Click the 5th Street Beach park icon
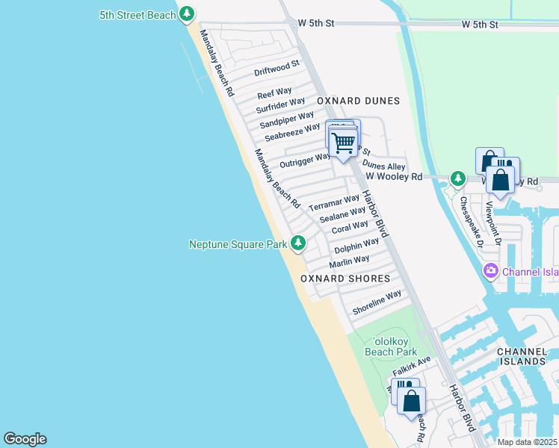(x=186, y=14)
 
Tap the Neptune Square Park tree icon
(x=298, y=243)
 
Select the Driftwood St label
(x=277, y=69)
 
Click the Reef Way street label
(x=274, y=93)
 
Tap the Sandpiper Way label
(x=287, y=119)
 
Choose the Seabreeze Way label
(x=292, y=132)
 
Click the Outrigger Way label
(x=305, y=160)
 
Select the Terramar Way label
(x=334, y=202)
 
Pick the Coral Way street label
(x=350, y=226)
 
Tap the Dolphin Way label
(x=356, y=245)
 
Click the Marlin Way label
(x=349, y=261)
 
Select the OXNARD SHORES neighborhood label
(x=345, y=279)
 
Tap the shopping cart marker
(x=343, y=142)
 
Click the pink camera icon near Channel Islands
(x=491, y=271)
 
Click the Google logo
(x=25, y=439)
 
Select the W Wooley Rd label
(x=395, y=177)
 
